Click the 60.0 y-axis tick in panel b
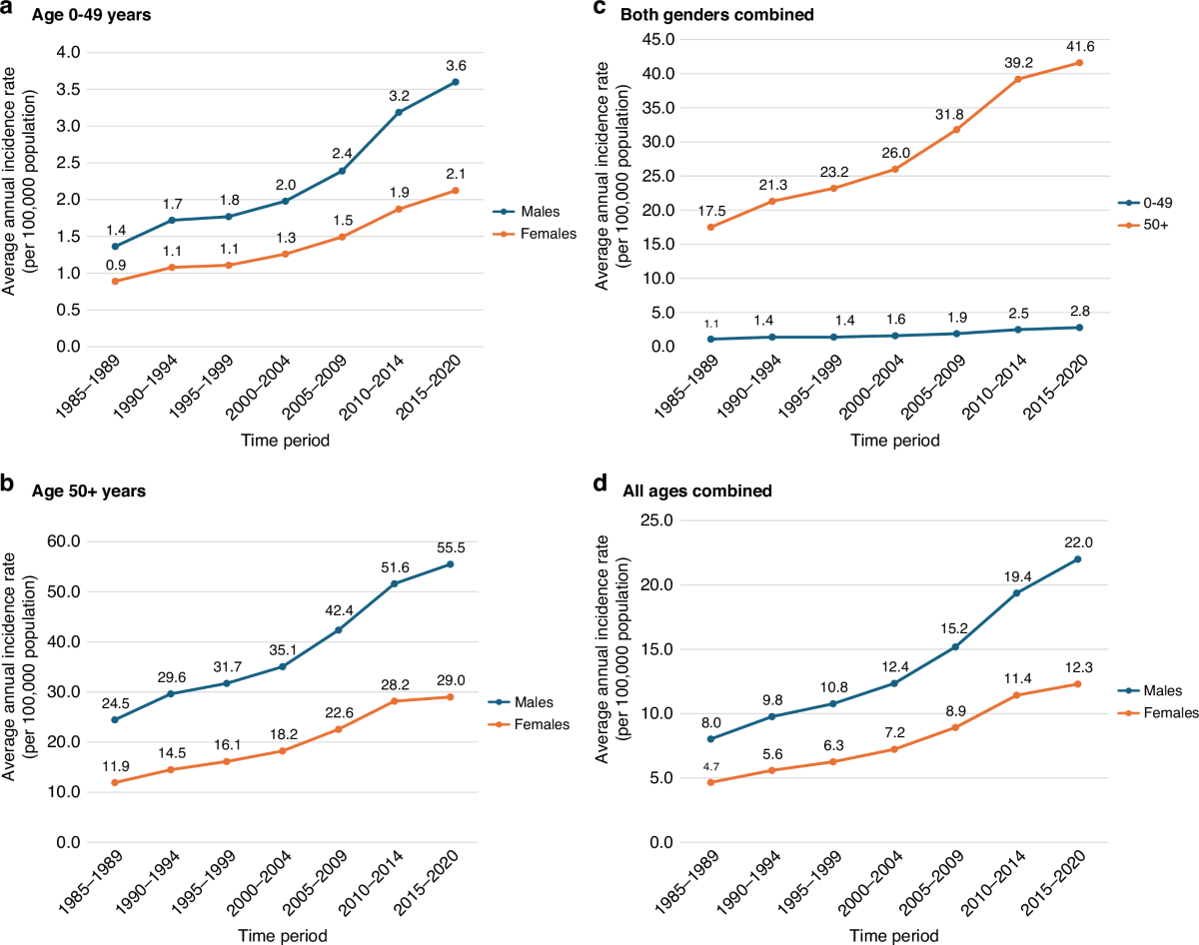pyautogui.click(x=68, y=541)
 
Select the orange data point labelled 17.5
pyautogui.click(x=711, y=227)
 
